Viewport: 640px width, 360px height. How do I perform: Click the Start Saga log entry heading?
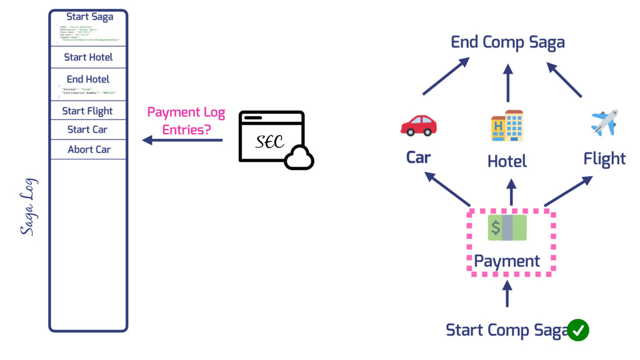coord(89,17)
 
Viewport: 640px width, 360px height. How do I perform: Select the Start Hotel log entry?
coord(88,57)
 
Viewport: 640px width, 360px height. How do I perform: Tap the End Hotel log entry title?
coord(88,79)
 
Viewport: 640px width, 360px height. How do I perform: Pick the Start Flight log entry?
coord(87,111)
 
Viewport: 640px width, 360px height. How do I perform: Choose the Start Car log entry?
coord(87,129)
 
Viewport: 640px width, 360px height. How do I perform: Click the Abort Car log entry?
coord(89,149)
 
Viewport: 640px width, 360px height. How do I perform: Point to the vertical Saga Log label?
coord(29,206)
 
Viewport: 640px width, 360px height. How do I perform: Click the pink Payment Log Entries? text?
coord(186,121)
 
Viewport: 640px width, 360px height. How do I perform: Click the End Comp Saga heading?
coord(507,42)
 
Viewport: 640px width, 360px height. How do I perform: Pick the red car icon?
coord(418,125)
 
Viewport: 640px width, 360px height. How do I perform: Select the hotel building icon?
coord(507,125)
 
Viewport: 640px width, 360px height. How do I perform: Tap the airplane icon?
coord(604,122)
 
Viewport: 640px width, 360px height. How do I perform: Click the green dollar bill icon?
coord(507,228)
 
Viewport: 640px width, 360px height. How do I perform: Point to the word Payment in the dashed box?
coord(507,261)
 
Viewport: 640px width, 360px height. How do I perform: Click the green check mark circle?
coord(578,330)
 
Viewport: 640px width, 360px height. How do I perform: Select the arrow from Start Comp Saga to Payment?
coord(507,293)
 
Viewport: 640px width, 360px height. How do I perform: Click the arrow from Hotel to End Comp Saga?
coord(507,82)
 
